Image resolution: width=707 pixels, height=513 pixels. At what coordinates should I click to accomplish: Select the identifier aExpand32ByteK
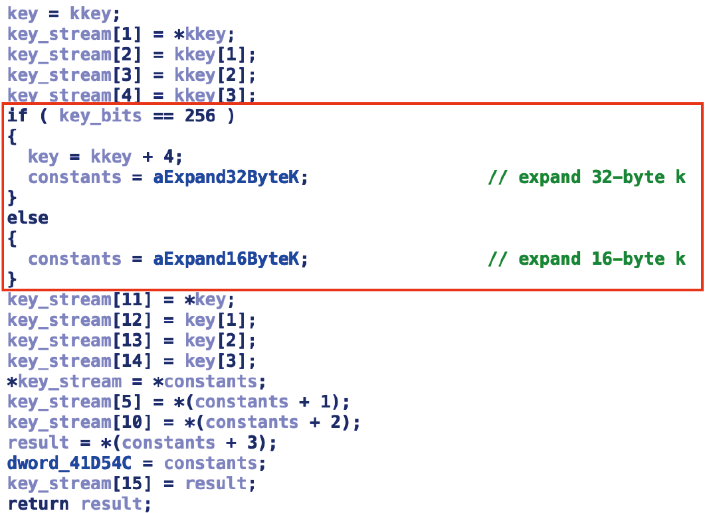tap(231, 177)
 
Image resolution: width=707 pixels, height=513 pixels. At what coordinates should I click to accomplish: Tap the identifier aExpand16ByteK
tap(231, 259)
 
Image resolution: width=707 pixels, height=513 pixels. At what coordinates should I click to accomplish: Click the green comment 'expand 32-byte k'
tap(587, 177)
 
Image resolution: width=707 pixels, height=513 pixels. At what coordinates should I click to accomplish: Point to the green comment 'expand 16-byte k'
tap(587, 259)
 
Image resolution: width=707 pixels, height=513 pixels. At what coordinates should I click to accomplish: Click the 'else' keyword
tap(28, 218)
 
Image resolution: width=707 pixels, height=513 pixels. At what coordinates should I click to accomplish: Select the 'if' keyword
tap(18, 116)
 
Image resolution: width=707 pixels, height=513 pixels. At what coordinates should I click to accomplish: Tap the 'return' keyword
tap(39, 504)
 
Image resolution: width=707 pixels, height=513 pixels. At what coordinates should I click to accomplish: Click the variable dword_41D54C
tap(74, 463)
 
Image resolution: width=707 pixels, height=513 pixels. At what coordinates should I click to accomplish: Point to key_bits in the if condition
tap(100, 116)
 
